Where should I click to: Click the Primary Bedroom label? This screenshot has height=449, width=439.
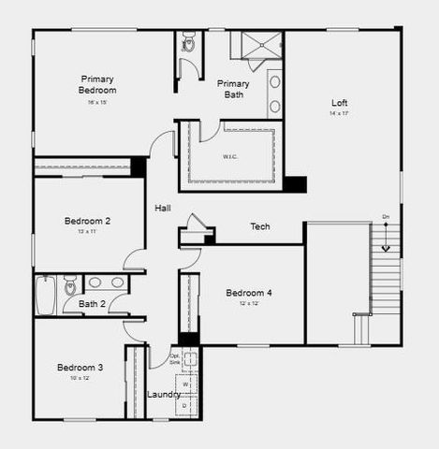point(97,84)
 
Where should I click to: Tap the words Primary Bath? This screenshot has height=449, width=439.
point(233,89)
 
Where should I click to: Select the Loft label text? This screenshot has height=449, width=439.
point(339,103)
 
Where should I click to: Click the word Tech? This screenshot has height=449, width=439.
point(260,227)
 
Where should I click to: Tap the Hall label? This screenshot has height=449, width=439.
point(163,209)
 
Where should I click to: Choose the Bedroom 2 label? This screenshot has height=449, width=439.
point(87,221)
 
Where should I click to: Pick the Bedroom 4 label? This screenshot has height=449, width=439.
point(249,294)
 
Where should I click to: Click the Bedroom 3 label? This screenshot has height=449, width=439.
point(80,368)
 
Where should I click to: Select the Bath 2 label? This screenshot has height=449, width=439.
point(92,304)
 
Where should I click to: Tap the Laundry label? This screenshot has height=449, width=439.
point(164,395)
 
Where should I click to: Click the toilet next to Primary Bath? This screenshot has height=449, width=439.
point(188,42)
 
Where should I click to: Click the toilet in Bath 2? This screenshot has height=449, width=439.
point(70,284)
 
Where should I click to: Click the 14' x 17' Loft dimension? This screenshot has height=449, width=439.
point(339,113)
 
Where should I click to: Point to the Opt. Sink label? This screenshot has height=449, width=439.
point(175,358)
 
